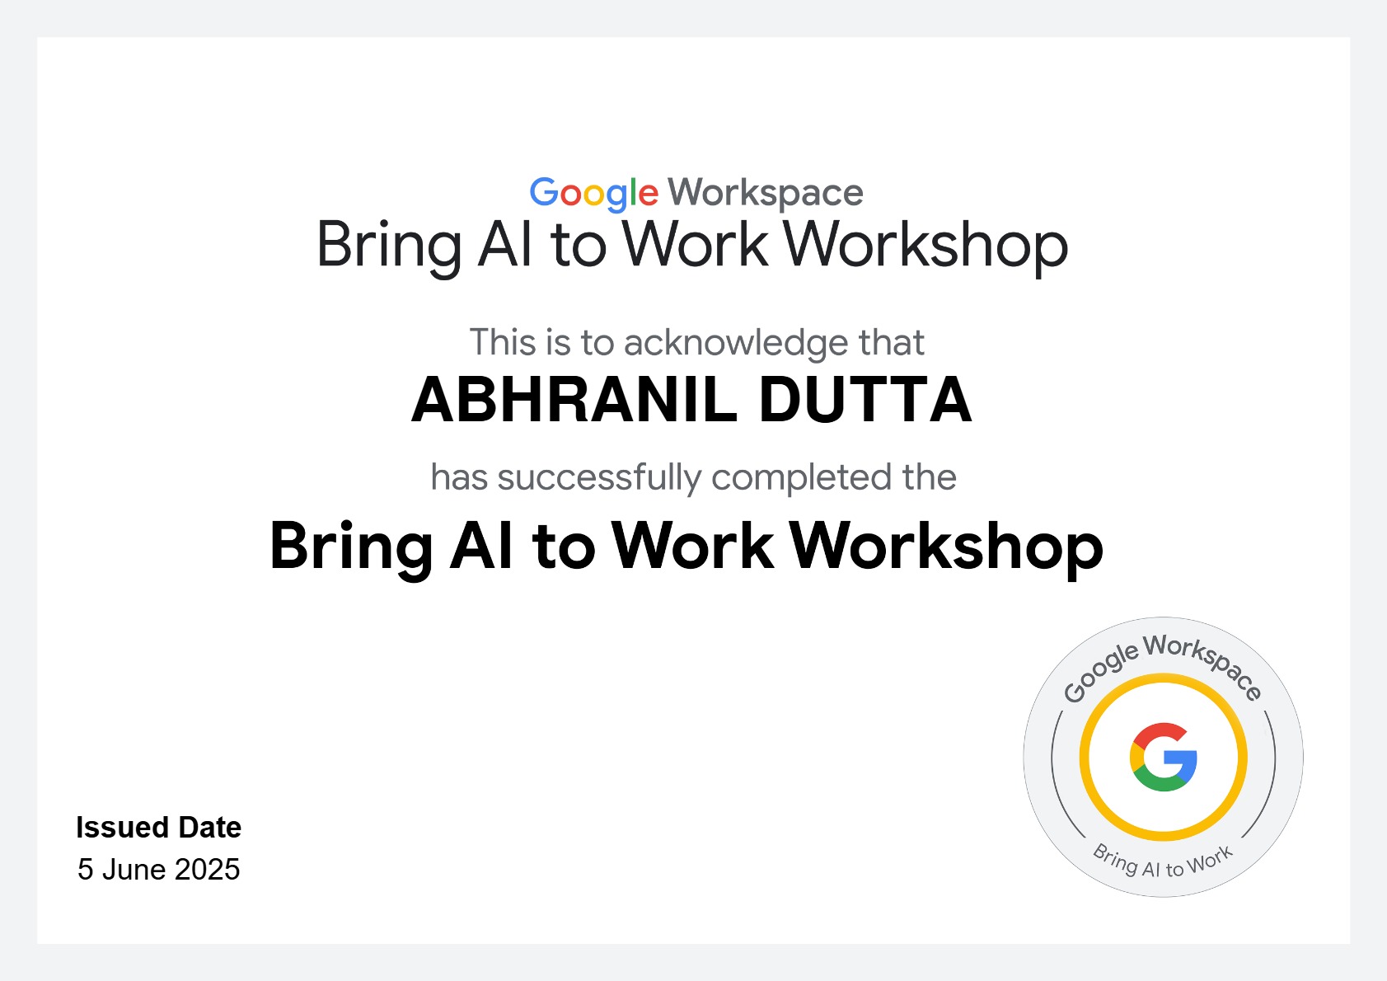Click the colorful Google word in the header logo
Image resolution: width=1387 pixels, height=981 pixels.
594,194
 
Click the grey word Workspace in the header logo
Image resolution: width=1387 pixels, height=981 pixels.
766,193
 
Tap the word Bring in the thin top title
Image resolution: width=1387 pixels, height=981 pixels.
389,246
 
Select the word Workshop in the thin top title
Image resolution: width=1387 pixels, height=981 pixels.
925,246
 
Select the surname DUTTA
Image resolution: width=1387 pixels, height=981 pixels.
865,400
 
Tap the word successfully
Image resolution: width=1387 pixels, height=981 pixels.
599,477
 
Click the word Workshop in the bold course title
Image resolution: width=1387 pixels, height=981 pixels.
947,546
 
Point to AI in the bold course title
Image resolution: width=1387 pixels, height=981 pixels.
482,546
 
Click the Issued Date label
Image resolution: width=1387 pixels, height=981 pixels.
158,828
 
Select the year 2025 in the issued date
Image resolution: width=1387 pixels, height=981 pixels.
208,870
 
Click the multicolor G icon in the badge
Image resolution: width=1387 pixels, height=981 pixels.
1163,757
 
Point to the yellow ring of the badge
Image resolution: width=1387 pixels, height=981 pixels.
1163,678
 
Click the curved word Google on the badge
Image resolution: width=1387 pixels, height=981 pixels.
1099,672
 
